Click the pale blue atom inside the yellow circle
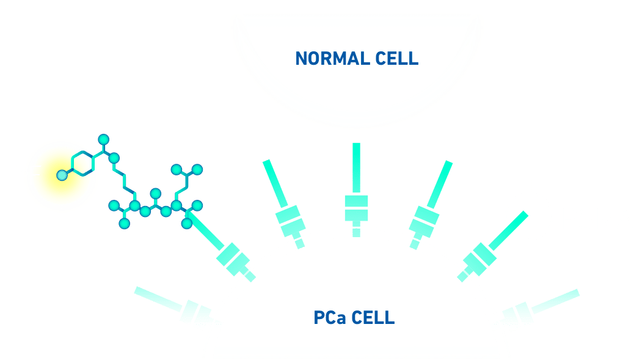[62, 175]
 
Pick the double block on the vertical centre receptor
[356, 208]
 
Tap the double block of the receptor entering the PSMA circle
[479, 256]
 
